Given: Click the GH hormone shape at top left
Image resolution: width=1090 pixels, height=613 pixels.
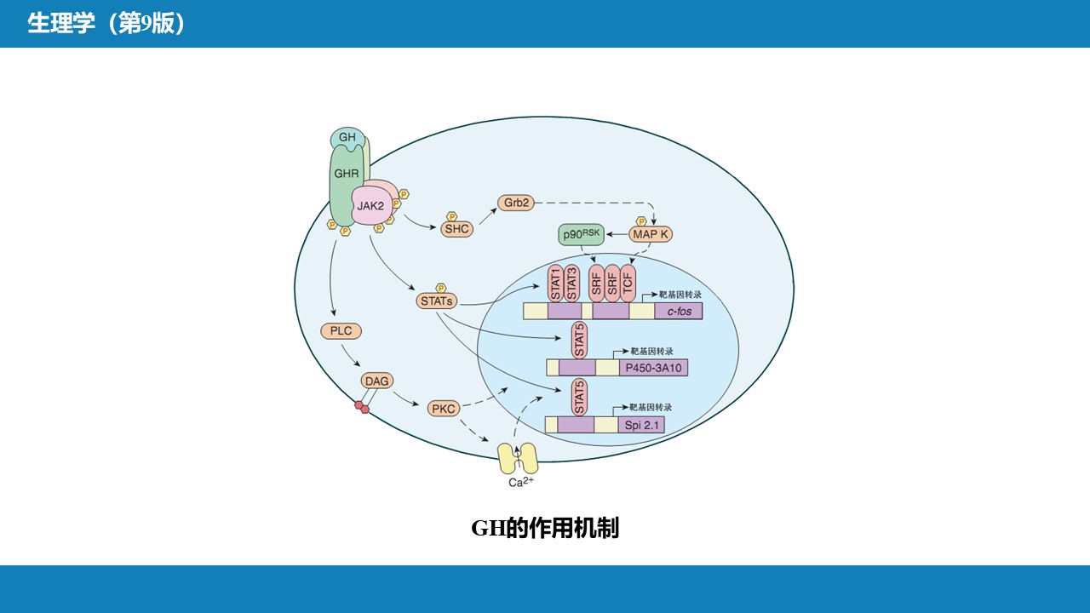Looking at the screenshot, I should point(347,138).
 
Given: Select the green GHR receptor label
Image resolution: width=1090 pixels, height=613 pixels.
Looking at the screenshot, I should point(347,175).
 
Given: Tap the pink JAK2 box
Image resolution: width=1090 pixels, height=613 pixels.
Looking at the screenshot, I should point(370,206).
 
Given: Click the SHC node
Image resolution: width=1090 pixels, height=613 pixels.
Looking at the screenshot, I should point(456,229).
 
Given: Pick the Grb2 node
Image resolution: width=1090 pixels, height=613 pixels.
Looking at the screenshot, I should point(516,203).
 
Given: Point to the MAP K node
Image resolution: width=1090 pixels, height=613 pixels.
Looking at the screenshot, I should point(651,234).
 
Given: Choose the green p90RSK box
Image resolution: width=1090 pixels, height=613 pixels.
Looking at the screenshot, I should point(581,235).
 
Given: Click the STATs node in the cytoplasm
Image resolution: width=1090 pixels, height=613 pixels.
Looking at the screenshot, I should point(437,301).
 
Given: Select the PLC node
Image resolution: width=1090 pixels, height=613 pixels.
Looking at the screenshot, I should point(341,331).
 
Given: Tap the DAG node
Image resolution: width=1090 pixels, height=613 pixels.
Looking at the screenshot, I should point(376,381).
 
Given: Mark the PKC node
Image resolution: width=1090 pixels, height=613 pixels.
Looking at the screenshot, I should point(444,409).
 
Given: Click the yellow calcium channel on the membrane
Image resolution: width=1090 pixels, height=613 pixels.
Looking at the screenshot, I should point(517,458).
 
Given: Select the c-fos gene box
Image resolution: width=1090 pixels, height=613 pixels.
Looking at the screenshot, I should point(678,311).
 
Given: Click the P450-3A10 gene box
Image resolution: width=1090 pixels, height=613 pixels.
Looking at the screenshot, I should point(652,368).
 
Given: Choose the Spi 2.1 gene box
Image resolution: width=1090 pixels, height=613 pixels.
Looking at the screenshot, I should point(642,424).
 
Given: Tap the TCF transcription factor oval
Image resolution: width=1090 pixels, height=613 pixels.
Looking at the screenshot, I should point(627,283).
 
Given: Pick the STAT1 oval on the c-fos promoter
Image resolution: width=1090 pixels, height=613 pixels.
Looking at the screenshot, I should point(555,283).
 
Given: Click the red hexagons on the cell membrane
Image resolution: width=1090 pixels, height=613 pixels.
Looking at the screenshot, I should point(362,407).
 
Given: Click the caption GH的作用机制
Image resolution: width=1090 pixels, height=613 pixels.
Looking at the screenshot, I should point(545,528).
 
